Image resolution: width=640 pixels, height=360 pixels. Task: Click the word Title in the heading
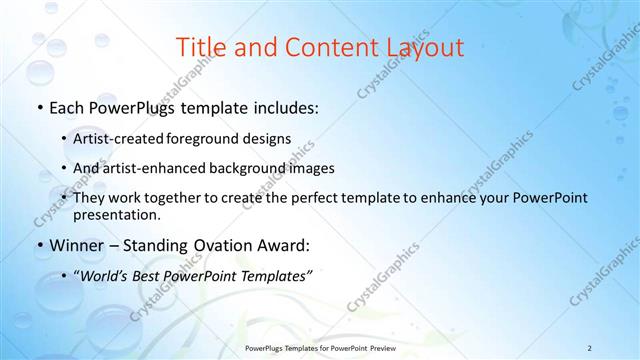201,47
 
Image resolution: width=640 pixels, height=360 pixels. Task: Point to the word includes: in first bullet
284,106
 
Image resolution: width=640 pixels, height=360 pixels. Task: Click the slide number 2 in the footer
589,347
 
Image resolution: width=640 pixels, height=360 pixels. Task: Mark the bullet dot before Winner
39,246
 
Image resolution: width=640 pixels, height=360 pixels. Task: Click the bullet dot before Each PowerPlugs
39,107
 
